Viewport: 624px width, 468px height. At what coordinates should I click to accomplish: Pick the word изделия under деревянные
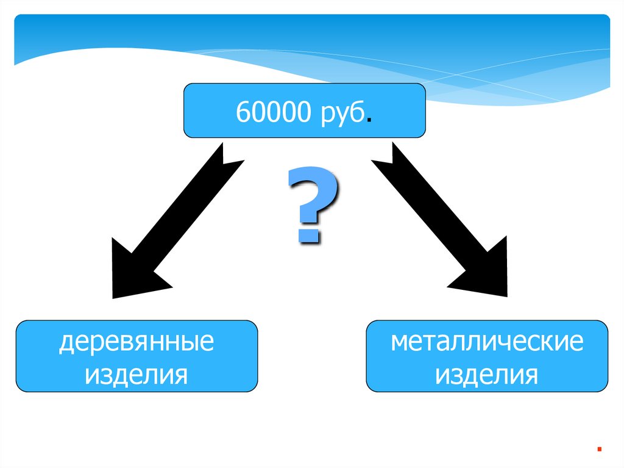pos(136,374)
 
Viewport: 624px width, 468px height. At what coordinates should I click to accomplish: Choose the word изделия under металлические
pos(487,374)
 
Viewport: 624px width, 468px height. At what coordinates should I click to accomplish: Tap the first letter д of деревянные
pos(65,343)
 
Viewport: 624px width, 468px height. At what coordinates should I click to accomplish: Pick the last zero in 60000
pos(303,112)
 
